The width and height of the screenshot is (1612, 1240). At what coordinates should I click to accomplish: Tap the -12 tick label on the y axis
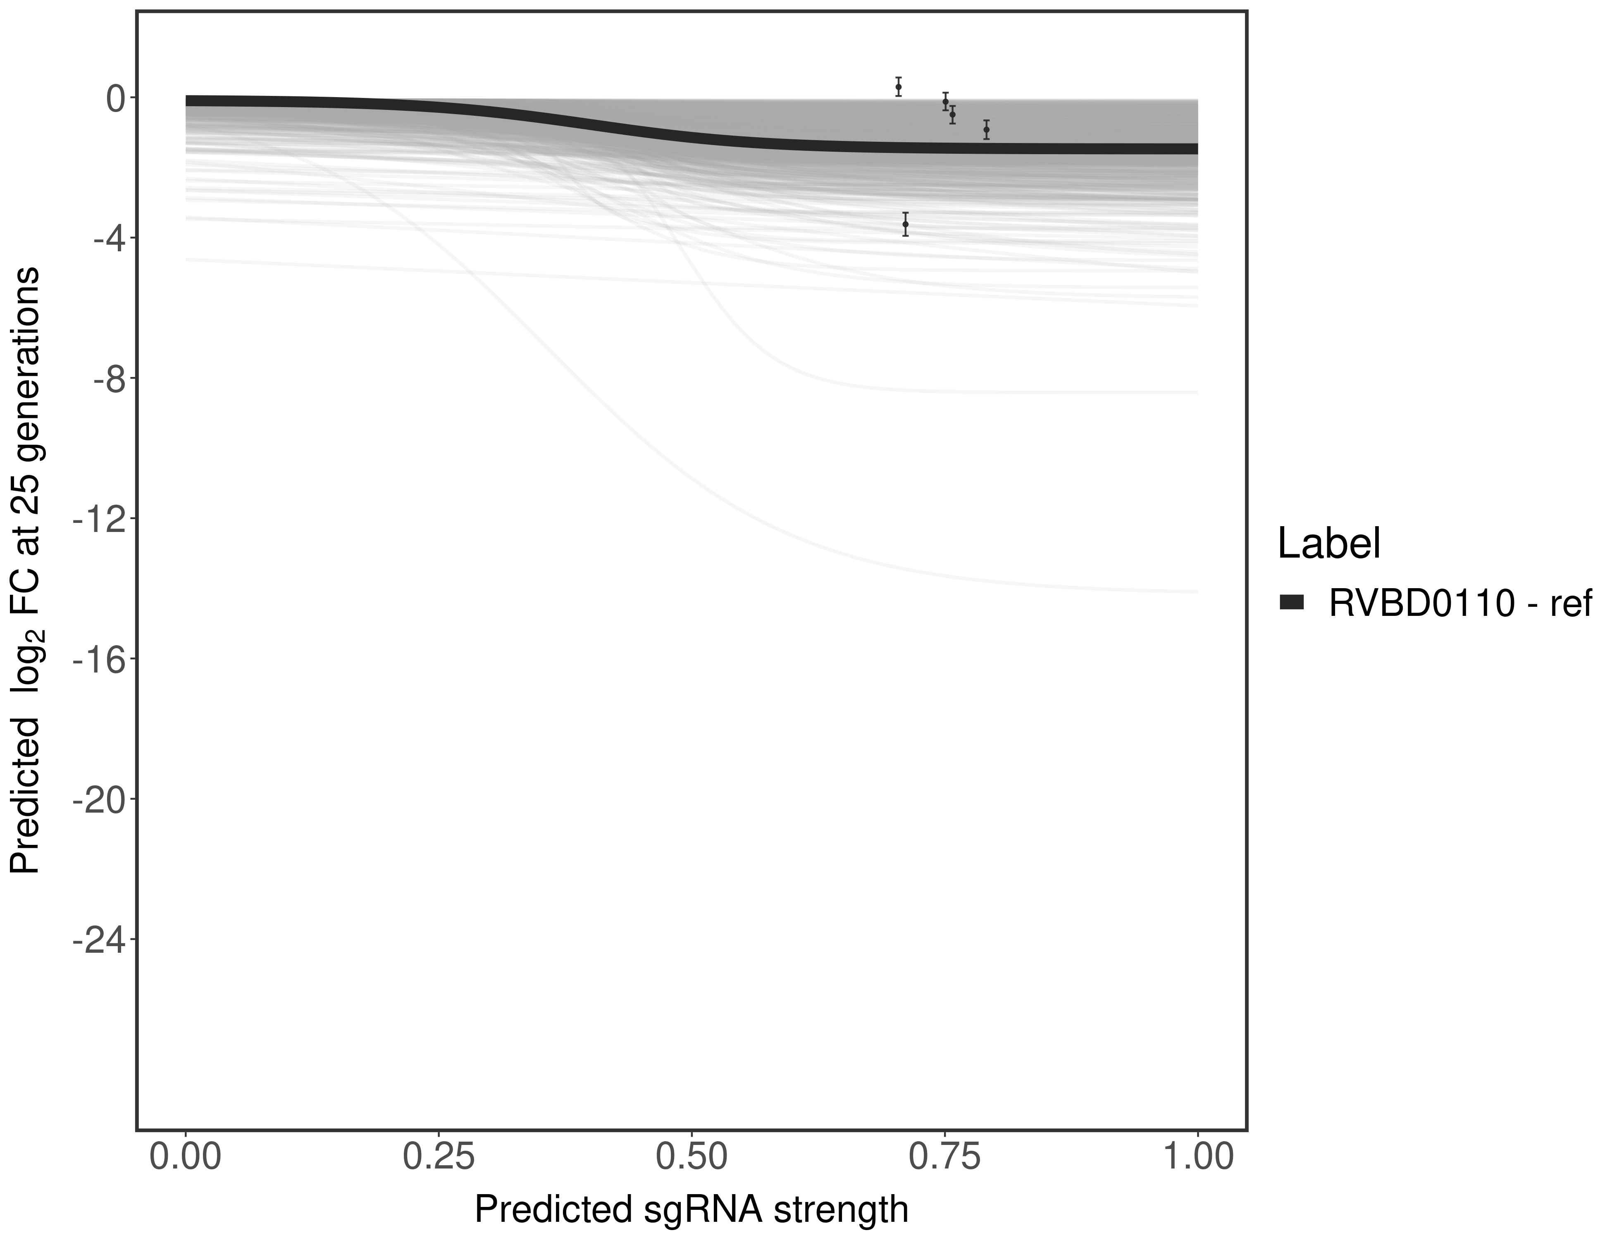(x=100, y=519)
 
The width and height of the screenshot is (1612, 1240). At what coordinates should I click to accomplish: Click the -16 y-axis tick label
(x=100, y=659)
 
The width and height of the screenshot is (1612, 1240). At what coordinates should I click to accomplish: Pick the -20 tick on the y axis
(x=100, y=799)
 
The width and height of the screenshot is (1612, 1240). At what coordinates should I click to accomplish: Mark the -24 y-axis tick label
(x=100, y=940)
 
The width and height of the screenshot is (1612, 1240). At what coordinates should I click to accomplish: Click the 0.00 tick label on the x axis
(x=185, y=1157)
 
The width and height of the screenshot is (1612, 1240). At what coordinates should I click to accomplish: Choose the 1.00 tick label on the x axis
(x=1197, y=1157)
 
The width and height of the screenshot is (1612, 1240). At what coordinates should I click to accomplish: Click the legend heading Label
(x=1328, y=544)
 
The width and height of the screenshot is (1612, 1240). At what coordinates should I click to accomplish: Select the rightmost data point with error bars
(x=986, y=129)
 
